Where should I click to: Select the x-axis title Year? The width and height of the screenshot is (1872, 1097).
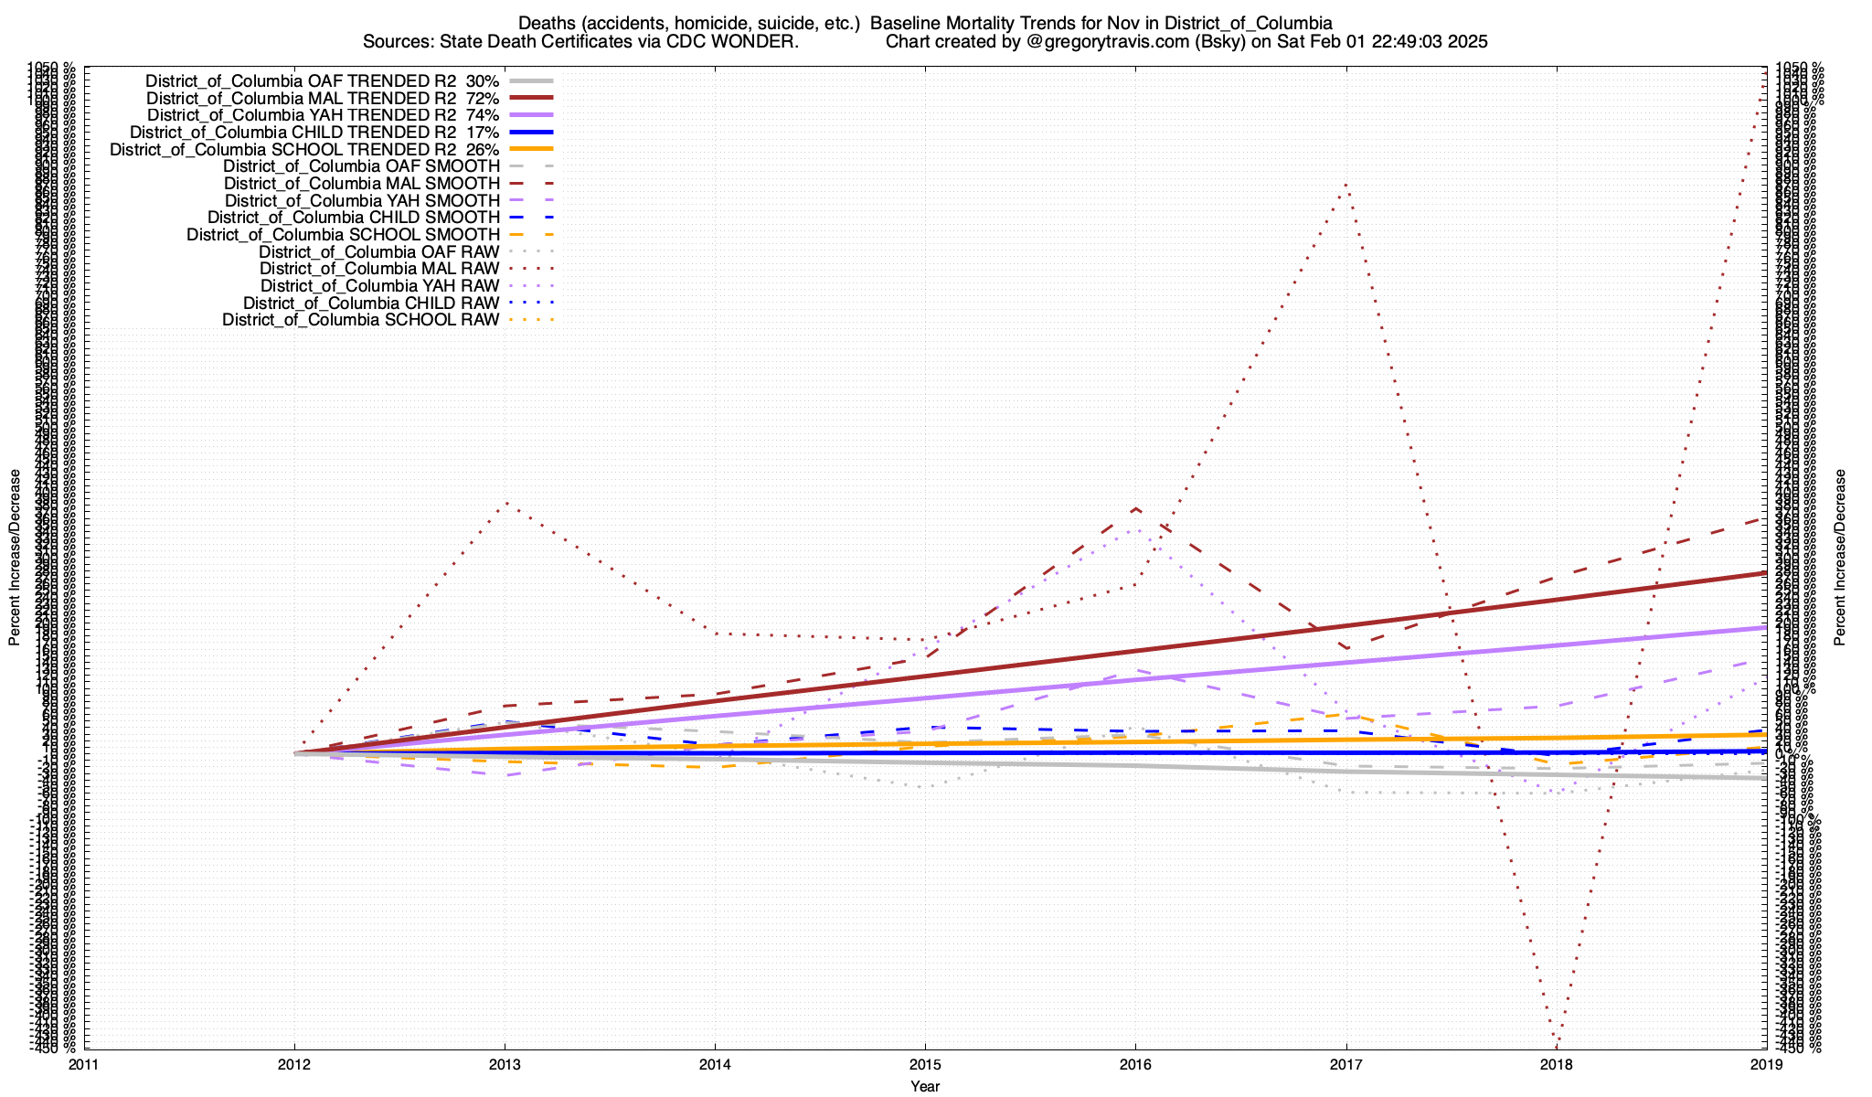tap(925, 1086)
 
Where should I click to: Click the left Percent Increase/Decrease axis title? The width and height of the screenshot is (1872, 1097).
tap(15, 558)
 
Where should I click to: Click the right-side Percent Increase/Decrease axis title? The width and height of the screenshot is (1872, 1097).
tap(1840, 558)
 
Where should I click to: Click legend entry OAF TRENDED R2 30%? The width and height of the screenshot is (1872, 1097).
tap(323, 80)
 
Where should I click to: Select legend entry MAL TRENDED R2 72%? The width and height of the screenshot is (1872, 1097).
tap(323, 98)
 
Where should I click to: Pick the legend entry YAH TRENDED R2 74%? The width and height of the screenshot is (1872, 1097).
tap(323, 115)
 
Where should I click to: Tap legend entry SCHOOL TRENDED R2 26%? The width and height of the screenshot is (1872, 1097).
tap(304, 149)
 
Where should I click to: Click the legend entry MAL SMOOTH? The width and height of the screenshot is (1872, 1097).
tap(362, 183)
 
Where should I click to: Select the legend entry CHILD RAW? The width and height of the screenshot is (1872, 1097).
tap(371, 303)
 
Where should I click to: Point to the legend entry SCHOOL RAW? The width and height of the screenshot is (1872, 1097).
tap(361, 320)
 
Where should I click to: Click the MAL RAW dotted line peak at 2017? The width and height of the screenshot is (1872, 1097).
tap(1345, 186)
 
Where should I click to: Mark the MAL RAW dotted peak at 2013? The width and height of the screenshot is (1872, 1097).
tap(505, 503)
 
